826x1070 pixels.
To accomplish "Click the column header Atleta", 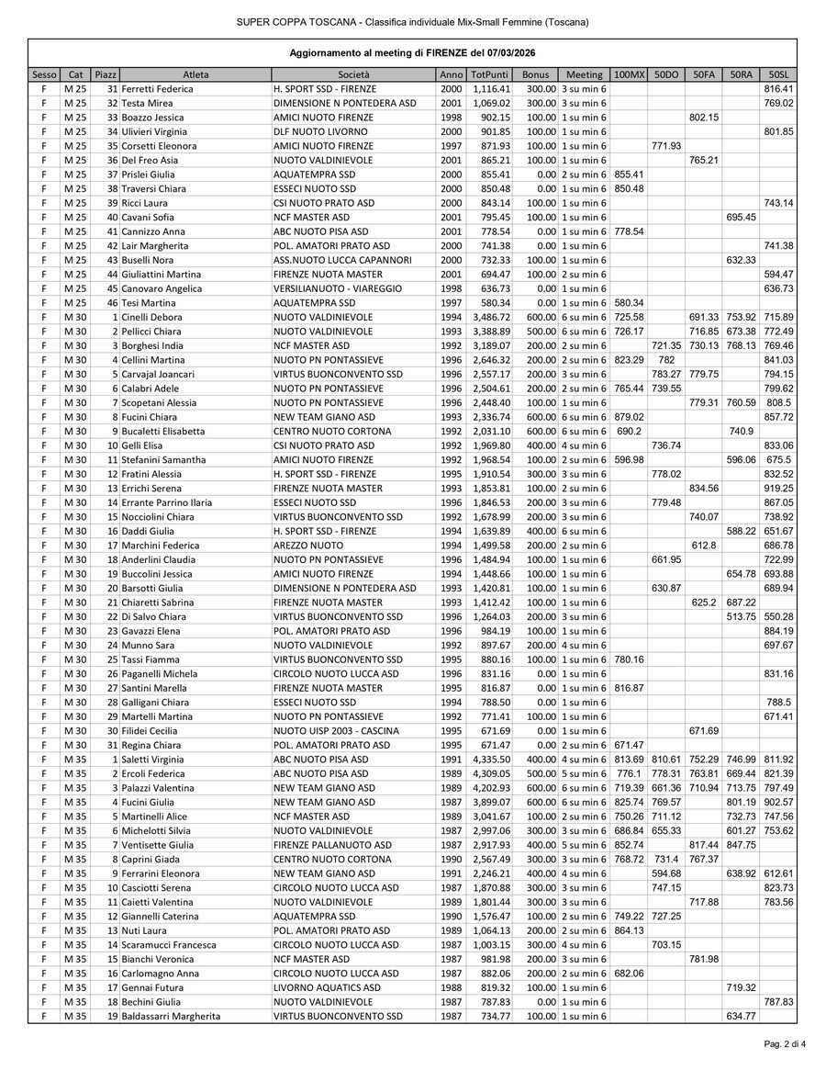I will pos(195,74).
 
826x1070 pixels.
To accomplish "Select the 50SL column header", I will pos(778,74).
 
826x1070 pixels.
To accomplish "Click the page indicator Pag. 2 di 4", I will pos(785,1044).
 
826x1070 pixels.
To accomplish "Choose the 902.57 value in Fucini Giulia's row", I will pos(778,803).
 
